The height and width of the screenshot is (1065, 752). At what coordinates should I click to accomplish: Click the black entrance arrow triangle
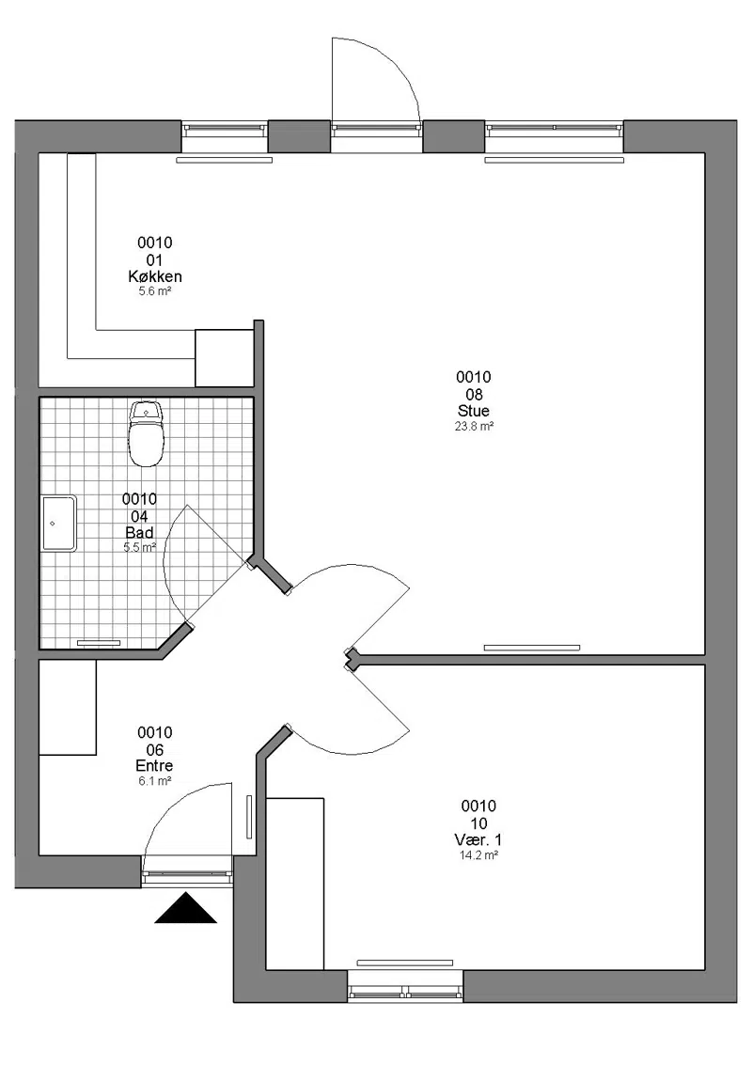(x=185, y=910)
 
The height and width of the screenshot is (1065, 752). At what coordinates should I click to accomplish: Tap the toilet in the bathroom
(x=146, y=433)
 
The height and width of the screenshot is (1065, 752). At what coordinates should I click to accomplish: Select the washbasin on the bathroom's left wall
(x=59, y=523)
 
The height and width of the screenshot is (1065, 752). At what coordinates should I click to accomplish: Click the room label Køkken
(x=155, y=276)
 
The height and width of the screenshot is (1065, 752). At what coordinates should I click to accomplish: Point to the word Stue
(x=474, y=411)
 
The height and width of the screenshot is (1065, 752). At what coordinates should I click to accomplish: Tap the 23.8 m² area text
(x=474, y=427)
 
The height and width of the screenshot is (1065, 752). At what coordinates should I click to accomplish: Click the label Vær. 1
(x=478, y=840)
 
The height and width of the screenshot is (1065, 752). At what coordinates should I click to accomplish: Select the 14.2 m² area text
(x=478, y=855)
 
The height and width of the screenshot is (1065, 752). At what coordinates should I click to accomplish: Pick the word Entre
(x=154, y=765)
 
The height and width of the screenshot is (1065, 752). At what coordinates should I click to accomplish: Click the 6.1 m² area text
(x=154, y=781)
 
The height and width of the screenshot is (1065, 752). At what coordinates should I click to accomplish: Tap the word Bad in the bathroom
(x=139, y=532)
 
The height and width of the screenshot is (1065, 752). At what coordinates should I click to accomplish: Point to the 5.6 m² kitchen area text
(x=155, y=291)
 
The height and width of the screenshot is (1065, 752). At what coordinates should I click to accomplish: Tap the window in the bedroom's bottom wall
(x=405, y=985)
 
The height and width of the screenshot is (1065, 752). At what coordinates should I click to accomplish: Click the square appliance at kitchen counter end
(x=224, y=358)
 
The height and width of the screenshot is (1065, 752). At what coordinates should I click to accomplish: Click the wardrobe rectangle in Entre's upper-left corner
(x=68, y=707)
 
